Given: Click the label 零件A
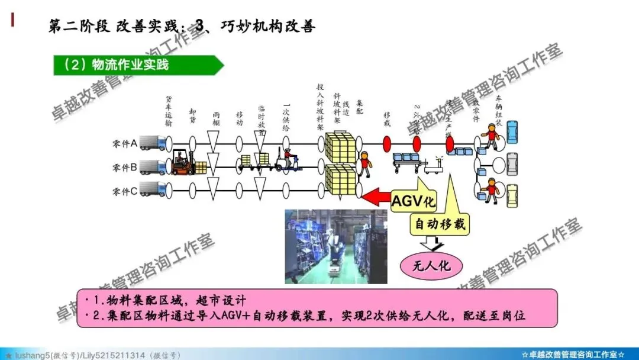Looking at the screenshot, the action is pos(124,143).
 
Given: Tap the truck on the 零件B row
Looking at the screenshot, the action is pos(153,166).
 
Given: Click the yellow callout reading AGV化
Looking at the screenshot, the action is pos(414,201).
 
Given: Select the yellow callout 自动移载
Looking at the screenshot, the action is pos(438,224).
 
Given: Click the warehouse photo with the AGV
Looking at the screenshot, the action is pos(335,243).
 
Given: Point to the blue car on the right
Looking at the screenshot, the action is pos(512,131).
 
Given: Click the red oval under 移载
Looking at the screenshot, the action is pos(388,144).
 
